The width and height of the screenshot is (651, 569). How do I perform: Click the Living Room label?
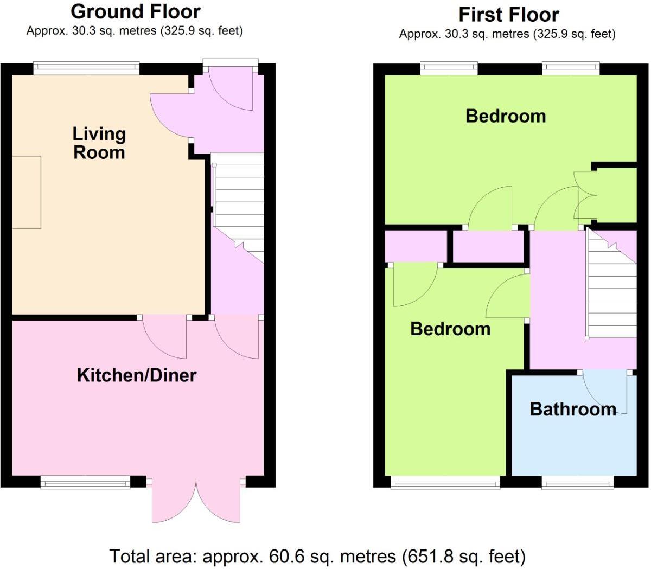(99, 143)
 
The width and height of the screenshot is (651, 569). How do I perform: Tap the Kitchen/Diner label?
(137, 375)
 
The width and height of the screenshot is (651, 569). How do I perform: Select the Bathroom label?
(573, 409)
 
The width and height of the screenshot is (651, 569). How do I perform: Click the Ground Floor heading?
(136, 11)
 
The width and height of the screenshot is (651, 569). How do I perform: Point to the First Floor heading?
(508, 15)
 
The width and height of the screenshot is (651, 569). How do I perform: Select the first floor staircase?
(612, 285)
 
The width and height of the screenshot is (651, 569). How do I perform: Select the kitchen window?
(85, 481)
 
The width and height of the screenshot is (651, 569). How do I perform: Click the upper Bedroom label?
(506, 116)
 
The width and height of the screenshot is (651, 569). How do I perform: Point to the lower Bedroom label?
(450, 329)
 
